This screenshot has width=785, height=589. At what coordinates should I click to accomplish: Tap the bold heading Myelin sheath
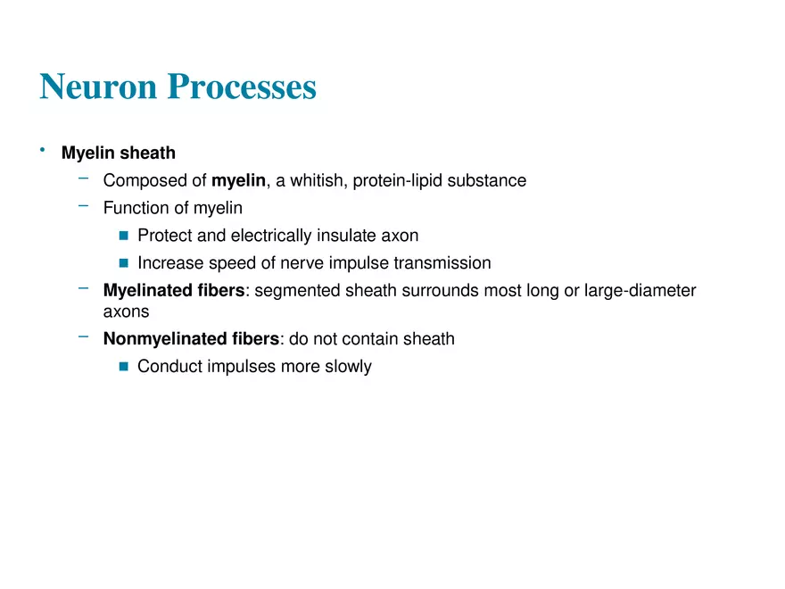click(x=118, y=153)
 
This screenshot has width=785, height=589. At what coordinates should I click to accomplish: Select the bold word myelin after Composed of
click(x=238, y=181)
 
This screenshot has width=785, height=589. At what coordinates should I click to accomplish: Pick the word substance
click(x=489, y=181)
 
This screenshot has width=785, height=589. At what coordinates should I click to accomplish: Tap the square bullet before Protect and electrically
click(x=124, y=236)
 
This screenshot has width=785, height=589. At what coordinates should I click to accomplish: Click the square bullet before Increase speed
click(x=124, y=263)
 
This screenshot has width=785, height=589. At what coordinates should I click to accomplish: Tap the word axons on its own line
click(x=126, y=312)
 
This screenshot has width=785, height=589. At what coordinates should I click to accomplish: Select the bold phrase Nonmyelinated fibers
click(x=191, y=339)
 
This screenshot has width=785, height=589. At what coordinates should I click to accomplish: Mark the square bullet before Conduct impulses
click(x=124, y=367)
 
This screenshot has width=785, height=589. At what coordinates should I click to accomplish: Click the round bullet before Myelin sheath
click(x=42, y=151)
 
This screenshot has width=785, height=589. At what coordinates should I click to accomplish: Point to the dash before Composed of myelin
click(x=83, y=178)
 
